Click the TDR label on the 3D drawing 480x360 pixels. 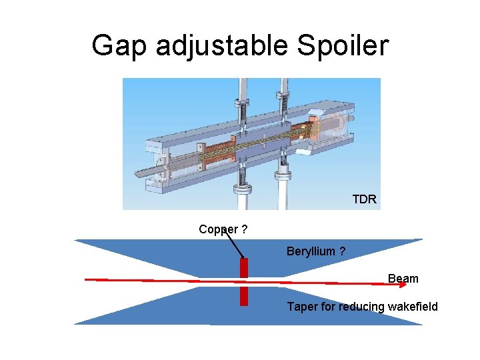click(364, 199)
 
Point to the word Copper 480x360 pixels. click(218, 229)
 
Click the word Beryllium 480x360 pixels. click(310, 251)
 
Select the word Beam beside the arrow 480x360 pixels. click(403, 279)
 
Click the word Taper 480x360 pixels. click(301, 307)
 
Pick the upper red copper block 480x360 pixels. click(244, 267)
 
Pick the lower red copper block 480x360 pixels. click(244, 294)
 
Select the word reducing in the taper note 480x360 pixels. click(360, 307)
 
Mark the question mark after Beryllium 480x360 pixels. click(342, 251)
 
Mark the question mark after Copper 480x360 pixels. click(245, 229)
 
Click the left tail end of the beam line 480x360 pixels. click(87, 280)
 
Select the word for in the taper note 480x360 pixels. click(327, 307)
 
